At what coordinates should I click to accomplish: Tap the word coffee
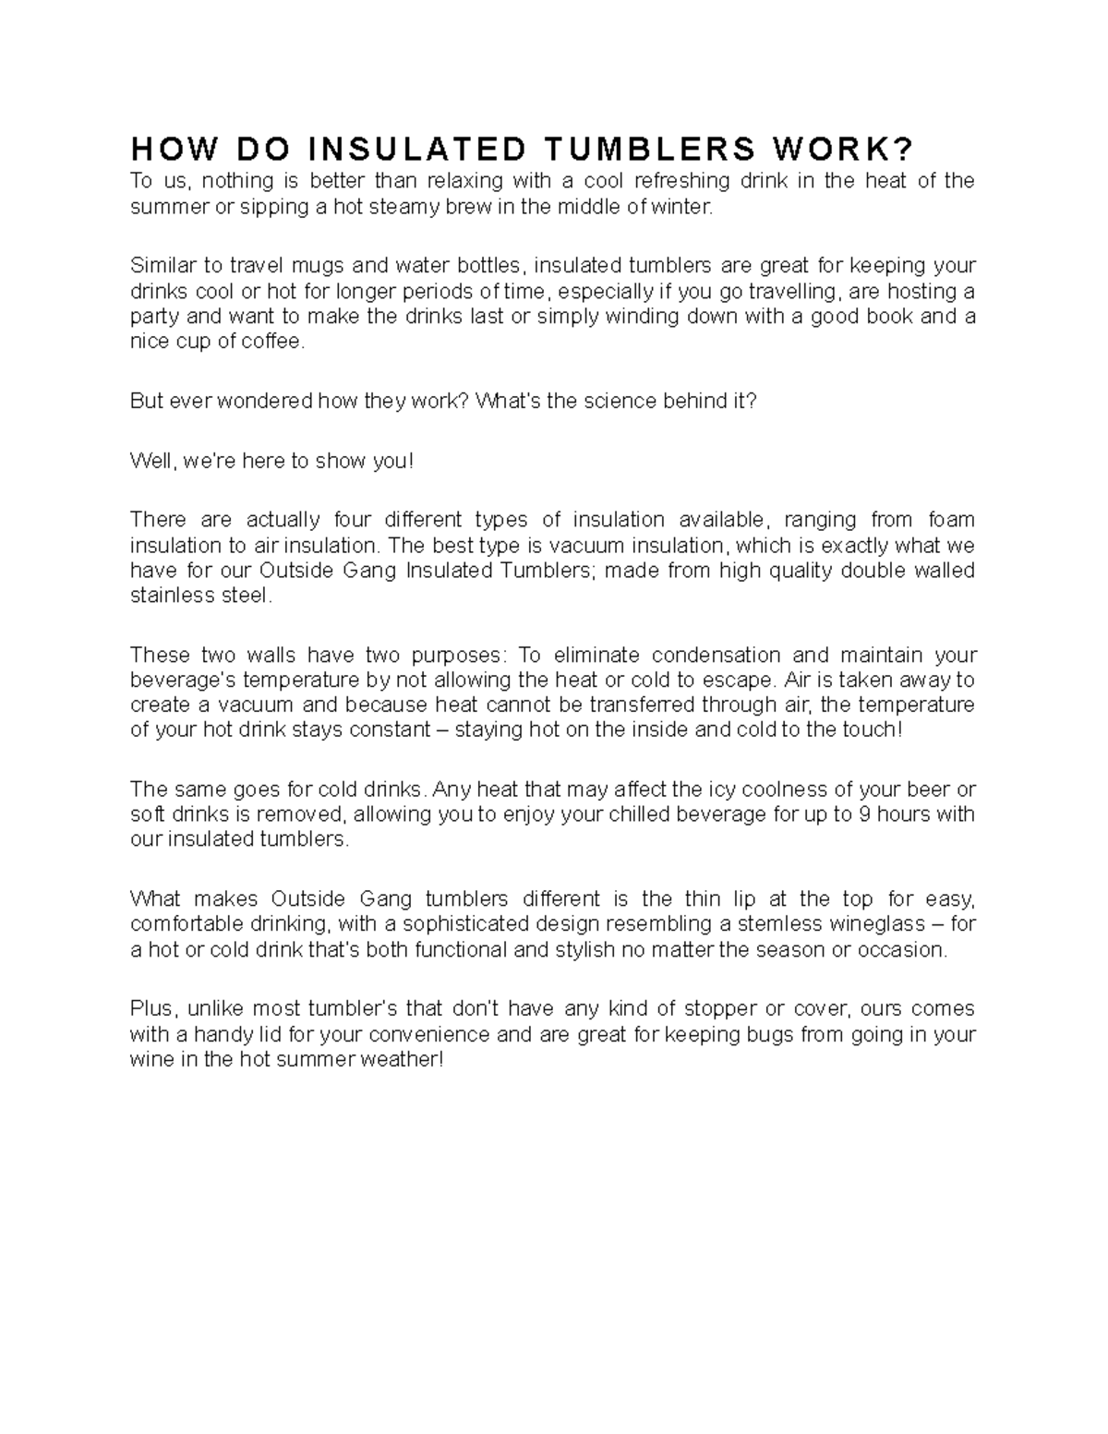pos(271,342)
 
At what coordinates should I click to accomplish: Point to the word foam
pos(951,520)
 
